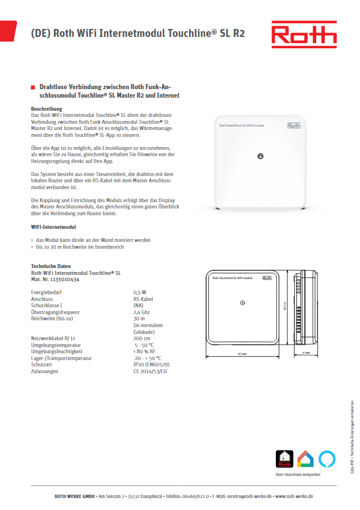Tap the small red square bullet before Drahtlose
point(32,87)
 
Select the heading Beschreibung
point(47,108)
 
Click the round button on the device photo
point(260,156)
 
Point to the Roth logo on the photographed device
point(294,126)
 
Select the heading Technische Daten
point(51,266)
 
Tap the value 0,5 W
point(140,292)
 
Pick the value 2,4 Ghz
point(142,312)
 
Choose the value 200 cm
point(142,338)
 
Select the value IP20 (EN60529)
point(151,365)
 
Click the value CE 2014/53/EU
point(150,371)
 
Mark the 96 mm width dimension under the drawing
point(242,353)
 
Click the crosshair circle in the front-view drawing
point(242,303)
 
